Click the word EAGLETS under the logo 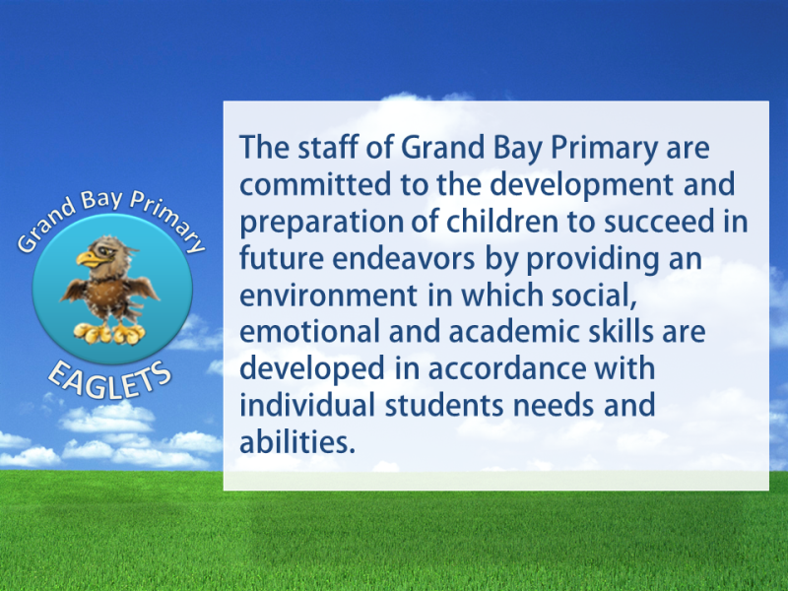tap(110, 382)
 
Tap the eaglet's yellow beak tap(91, 259)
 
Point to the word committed tap(315, 184)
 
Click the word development tap(581, 184)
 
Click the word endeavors tap(404, 258)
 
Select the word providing tap(593, 259)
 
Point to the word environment tap(328, 295)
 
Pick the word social tap(594, 295)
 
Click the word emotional tap(309, 332)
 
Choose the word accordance tap(506, 368)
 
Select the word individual tap(307, 406)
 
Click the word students tap(444, 406)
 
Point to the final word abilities tap(297, 442)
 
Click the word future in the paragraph tap(282, 258)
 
